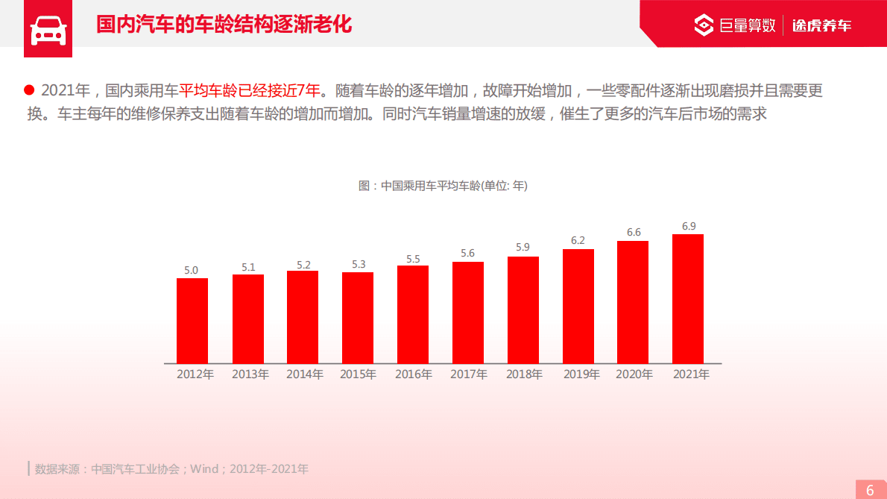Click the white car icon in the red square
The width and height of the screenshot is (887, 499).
pyautogui.click(x=48, y=30)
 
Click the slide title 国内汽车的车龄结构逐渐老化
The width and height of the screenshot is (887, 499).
pyautogui.click(x=224, y=25)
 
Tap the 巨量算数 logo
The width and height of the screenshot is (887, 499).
pyautogui.click(x=735, y=25)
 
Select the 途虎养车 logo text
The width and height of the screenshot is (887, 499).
pyautogui.click(x=821, y=25)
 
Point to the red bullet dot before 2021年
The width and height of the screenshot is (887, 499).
pyautogui.click(x=30, y=90)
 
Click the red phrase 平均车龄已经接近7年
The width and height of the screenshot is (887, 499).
pyautogui.click(x=250, y=91)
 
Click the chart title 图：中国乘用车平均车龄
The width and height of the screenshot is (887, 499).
pyautogui.click(x=443, y=186)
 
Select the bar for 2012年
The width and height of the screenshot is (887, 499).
pyautogui.click(x=192, y=321)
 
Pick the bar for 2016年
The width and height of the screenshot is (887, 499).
pyautogui.click(x=413, y=314)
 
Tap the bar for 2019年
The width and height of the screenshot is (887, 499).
pyautogui.click(x=578, y=306)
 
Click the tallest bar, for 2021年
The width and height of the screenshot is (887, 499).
pyautogui.click(x=688, y=298)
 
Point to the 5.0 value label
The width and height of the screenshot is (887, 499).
pyautogui.click(x=192, y=270)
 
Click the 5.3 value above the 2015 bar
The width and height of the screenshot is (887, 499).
pyautogui.click(x=359, y=264)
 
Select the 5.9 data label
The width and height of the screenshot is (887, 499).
pyautogui.click(x=523, y=247)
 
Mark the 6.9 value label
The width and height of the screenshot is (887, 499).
pyautogui.click(x=689, y=226)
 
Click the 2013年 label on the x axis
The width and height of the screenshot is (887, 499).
pyautogui.click(x=250, y=374)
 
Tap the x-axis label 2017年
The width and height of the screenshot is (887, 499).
pyautogui.click(x=469, y=374)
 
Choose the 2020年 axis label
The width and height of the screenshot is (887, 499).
pyautogui.click(x=634, y=374)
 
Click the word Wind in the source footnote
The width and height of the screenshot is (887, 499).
pyautogui.click(x=204, y=469)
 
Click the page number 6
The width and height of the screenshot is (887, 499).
pyautogui.click(x=870, y=490)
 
